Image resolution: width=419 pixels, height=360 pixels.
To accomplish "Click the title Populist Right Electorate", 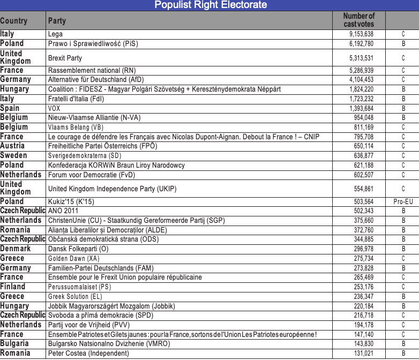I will pyautogui.click(x=210, y=5).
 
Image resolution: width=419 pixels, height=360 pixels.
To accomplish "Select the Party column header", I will pyautogui.click(x=57, y=21).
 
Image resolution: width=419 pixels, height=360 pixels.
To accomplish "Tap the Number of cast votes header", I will pyautogui.click(x=358, y=20).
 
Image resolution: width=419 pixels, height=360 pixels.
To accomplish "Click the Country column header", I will pyautogui.click(x=14, y=21).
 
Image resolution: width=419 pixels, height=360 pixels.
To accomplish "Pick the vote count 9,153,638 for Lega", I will pyautogui.click(x=361, y=34).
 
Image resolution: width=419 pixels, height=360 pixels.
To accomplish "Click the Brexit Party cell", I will pyautogui.click(x=65, y=58).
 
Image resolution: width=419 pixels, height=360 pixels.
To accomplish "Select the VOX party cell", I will pyautogui.click(x=54, y=108).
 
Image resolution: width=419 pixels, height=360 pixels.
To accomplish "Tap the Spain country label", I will pyautogui.click(x=11, y=108).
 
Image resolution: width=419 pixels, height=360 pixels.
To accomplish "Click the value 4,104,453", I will pyautogui.click(x=361, y=80).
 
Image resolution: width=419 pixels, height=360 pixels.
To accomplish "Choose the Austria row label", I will pyautogui.click(x=12, y=146).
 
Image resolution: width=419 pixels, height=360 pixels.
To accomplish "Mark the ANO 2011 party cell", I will pyautogui.click(x=63, y=211).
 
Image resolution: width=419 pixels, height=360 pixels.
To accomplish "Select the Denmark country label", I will pyautogui.click(x=16, y=249).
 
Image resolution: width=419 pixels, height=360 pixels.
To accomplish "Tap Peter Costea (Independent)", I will pyautogui.click(x=88, y=354).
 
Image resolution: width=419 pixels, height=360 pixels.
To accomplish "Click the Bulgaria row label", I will pyautogui.click(x=14, y=344).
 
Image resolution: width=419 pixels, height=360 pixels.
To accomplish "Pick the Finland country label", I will pyautogui.click(x=13, y=287).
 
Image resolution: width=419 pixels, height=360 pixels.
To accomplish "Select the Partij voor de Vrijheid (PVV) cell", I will pyautogui.click(x=89, y=325).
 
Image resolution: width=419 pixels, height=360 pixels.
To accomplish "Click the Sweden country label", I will pyautogui.click(x=14, y=155).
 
